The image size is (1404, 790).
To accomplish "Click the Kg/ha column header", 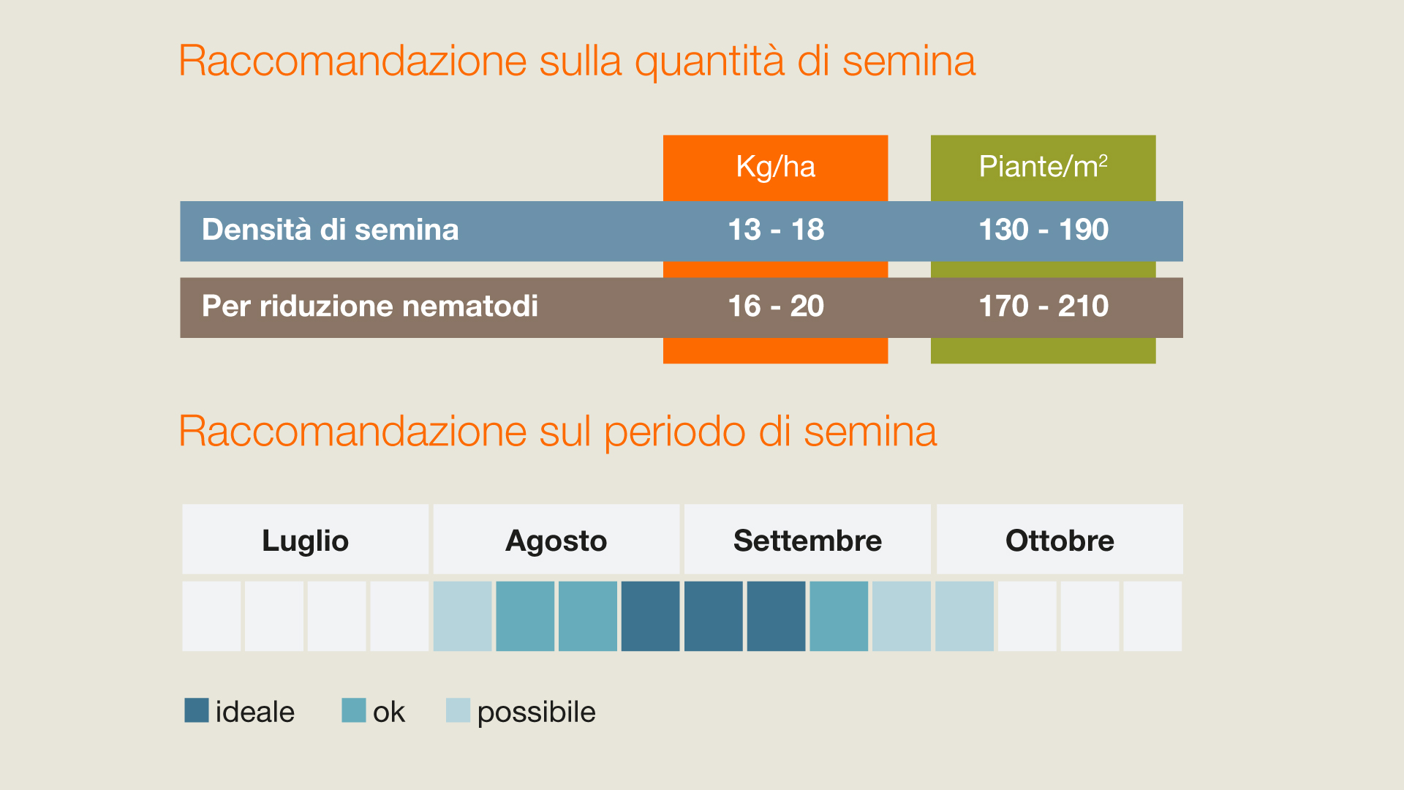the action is click(x=775, y=167).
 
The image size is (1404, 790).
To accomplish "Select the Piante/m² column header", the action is click(x=1043, y=167).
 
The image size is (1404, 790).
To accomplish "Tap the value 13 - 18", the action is click(x=776, y=230).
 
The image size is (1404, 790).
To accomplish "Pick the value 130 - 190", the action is click(x=1043, y=230).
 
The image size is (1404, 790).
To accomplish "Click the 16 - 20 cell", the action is click(x=776, y=306).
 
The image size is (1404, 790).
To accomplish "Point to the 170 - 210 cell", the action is click(x=1043, y=306).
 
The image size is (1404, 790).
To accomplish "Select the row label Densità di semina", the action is click(x=331, y=230).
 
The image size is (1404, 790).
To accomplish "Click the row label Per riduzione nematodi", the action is click(x=370, y=306).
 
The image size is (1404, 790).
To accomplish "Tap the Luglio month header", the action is click(x=305, y=541).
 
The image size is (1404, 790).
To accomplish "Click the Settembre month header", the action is click(x=807, y=541).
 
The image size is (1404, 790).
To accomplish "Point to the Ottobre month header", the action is click(x=1060, y=541).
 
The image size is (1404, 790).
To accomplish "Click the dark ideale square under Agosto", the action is click(x=650, y=616).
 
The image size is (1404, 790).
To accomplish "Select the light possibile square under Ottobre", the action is click(x=965, y=616).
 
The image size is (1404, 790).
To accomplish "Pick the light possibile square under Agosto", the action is click(x=462, y=616).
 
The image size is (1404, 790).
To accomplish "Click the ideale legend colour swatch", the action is click(x=197, y=710).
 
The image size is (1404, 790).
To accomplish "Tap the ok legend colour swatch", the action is click(x=354, y=710).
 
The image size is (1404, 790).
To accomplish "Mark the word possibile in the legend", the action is click(x=536, y=712).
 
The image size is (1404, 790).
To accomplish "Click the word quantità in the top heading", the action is click(x=709, y=61).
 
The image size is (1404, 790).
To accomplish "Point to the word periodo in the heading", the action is click(x=674, y=432).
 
